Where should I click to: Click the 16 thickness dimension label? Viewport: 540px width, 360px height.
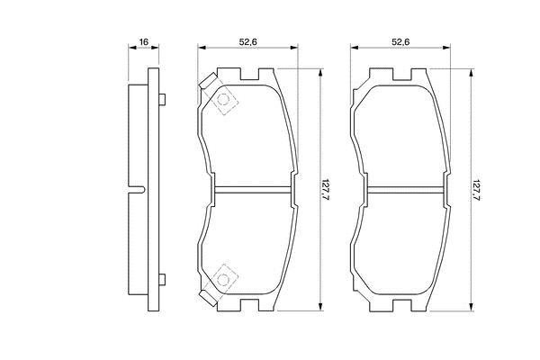[143, 42]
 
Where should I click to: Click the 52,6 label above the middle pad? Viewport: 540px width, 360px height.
[248, 42]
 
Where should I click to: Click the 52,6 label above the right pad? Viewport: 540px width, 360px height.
[400, 42]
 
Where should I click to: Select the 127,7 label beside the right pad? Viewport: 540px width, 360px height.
[476, 190]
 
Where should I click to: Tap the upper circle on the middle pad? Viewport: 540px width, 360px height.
[224, 100]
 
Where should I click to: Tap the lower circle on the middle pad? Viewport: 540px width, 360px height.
[224, 280]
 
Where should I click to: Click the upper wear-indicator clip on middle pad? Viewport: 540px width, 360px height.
[208, 81]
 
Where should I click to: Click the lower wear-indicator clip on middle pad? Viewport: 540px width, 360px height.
[208, 298]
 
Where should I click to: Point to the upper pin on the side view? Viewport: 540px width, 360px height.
[162, 100]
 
